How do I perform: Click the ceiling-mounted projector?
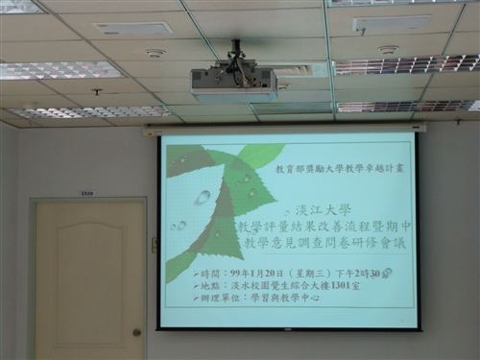(233, 81)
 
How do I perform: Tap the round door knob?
(136, 332)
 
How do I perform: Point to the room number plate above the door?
(86, 193)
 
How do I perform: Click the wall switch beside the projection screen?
(154, 244)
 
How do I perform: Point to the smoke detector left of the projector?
(155, 53)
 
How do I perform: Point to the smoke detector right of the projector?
(388, 50)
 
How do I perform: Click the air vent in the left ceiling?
(132, 29)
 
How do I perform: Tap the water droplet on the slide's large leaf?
(202, 197)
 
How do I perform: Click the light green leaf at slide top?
(259, 154)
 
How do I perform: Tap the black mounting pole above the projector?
(235, 50)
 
